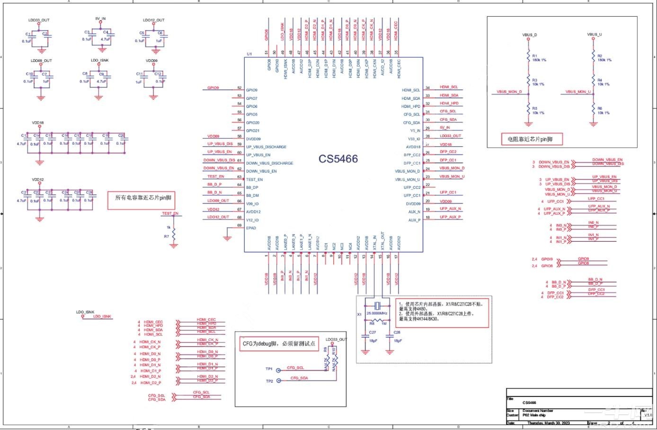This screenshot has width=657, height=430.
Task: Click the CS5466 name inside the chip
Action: (x=338, y=159)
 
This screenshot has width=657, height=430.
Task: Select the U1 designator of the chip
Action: (x=249, y=54)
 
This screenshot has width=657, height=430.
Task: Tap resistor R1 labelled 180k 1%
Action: (x=529, y=57)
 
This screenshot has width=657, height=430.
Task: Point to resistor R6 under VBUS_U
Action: (x=593, y=110)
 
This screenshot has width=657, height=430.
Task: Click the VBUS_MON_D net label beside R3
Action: (x=509, y=92)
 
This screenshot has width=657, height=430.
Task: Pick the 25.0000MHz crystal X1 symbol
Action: (x=377, y=305)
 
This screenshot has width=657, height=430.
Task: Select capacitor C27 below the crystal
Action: (x=365, y=339)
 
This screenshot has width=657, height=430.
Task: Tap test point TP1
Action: (x=278, y=370)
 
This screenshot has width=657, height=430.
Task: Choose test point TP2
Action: (x=278, y=380)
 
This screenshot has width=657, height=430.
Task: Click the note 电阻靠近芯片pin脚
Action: (x=530, y=139)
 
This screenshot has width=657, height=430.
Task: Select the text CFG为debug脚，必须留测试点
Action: (x=279, y=343)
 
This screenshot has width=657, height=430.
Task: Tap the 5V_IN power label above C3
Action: (x=100, y=19)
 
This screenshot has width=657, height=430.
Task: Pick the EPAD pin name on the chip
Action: (x=251, y=228)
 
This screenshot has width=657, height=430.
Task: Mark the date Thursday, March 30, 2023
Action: (x=549, y=423)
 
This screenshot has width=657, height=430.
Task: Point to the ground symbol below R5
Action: (x=529, y=124)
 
